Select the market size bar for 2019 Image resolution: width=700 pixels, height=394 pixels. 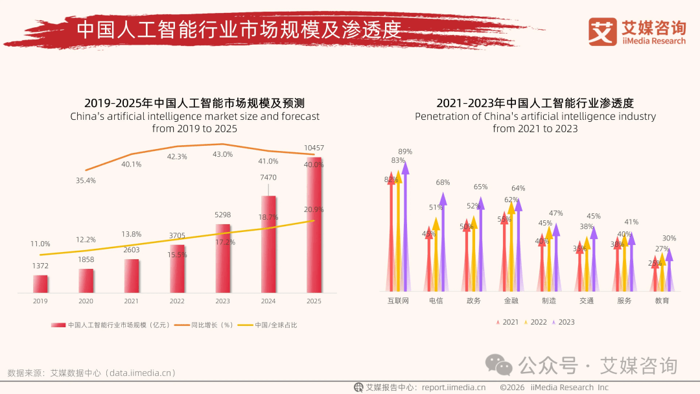40,284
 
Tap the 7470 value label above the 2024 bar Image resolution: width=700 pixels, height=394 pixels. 268,178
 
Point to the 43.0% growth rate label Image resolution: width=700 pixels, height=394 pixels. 222,154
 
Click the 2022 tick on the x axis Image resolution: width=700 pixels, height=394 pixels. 177,301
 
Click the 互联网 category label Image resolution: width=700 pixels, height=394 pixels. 398,301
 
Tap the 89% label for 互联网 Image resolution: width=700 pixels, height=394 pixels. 405,152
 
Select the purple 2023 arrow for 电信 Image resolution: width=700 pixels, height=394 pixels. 443,240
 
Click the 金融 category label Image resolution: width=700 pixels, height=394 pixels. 511,301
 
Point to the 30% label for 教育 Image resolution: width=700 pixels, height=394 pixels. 669,238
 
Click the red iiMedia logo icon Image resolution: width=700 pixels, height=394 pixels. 602,31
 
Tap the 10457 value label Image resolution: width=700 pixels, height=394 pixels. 314,148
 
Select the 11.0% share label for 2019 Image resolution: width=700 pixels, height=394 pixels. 40,244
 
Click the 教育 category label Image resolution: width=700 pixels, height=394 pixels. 662,301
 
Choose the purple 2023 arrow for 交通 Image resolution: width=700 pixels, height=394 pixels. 594,259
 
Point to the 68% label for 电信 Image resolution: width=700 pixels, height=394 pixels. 443,183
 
